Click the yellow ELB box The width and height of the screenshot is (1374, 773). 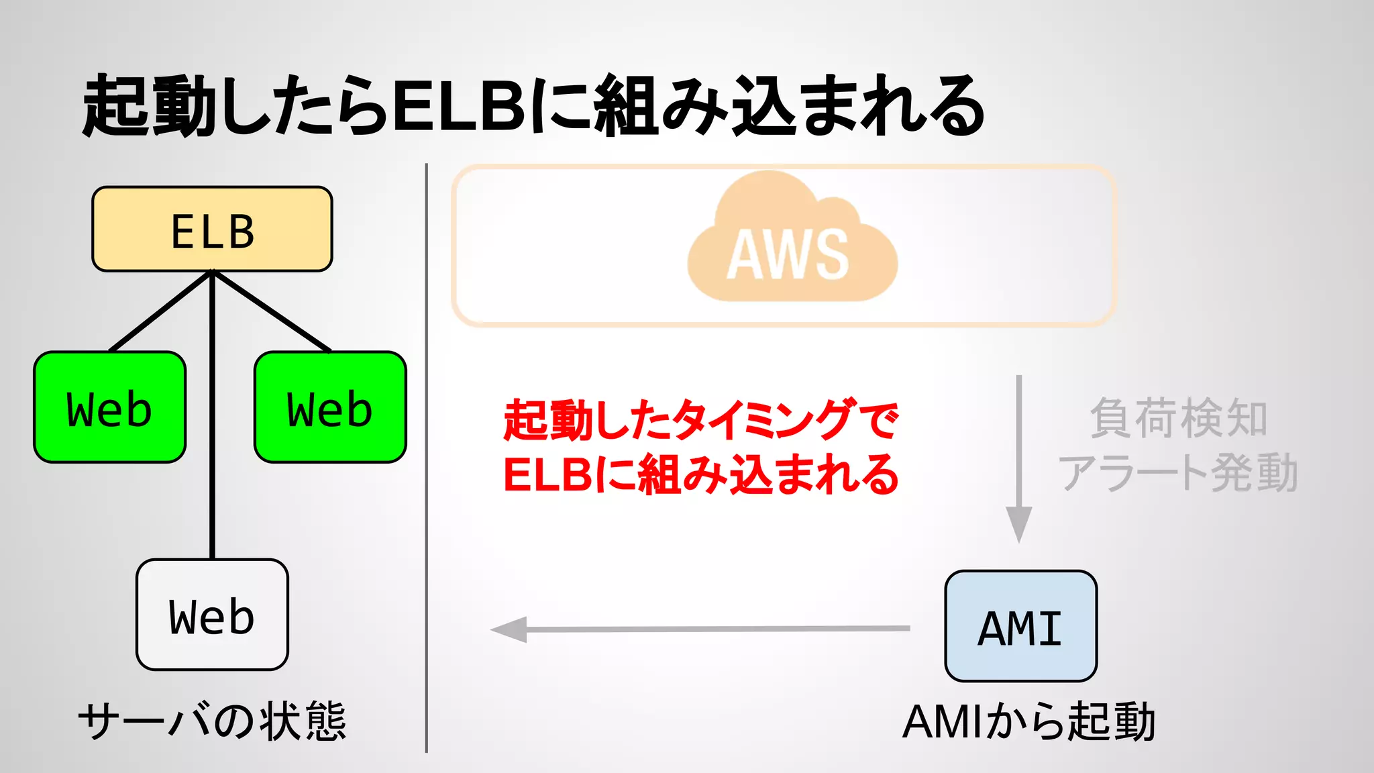212,229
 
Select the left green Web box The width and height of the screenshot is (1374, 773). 109,407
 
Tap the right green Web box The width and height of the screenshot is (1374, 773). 330,407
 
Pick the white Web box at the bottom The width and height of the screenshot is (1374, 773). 212,615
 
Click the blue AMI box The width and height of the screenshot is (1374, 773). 1020,626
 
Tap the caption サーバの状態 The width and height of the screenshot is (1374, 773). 212,721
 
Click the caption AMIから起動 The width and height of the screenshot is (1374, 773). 1028,722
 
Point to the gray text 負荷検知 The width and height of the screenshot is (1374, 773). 1179,418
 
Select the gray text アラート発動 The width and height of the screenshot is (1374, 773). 1179,472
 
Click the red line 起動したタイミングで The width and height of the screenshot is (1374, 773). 700,420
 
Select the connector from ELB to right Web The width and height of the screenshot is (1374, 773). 271,311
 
